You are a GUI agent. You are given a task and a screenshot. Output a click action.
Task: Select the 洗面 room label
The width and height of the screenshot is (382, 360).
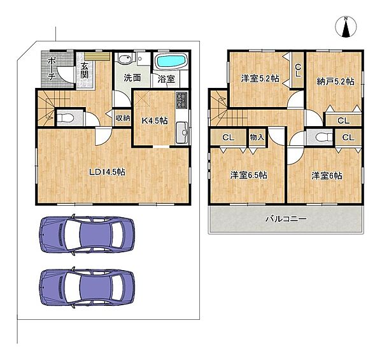click(132, 79)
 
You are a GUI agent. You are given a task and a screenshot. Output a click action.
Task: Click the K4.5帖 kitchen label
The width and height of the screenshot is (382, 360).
click(154, 120)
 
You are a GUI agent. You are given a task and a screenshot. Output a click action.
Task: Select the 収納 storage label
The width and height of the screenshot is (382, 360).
click(123, 117)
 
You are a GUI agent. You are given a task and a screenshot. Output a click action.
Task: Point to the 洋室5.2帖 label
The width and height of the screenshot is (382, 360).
click(260, 78)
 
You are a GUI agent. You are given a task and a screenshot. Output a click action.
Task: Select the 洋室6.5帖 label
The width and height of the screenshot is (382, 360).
click(248, 175)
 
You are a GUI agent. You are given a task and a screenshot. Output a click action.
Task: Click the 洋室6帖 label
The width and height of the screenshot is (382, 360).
click(327, 175)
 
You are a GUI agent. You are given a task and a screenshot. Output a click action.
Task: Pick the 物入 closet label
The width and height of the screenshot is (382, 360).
click(257, 136)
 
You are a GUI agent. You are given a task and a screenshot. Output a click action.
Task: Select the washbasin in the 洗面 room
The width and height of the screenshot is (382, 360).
click(125, 62)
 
